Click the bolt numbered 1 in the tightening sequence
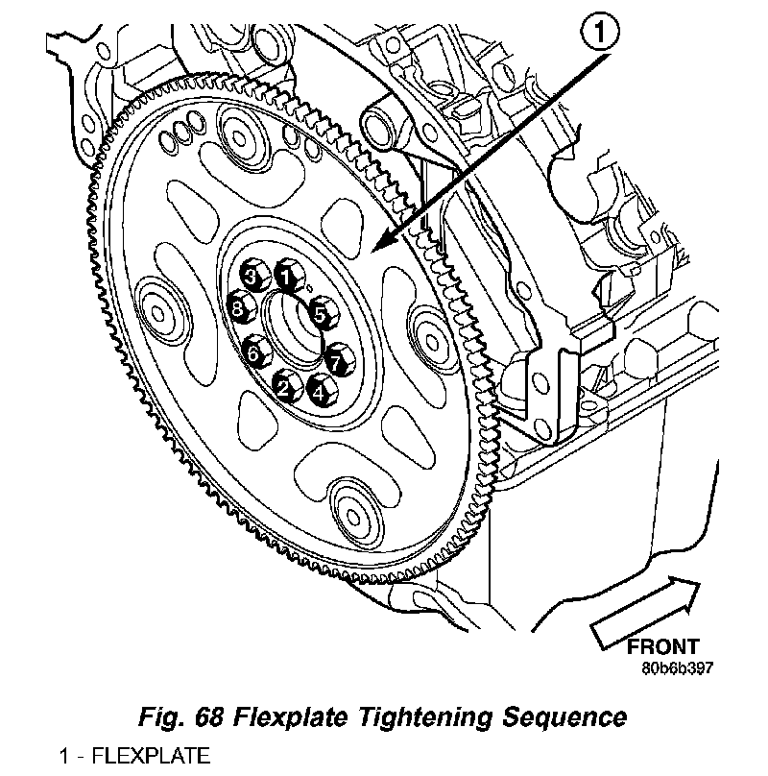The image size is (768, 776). pos(285,276)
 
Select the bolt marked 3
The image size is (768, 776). pos(252,278)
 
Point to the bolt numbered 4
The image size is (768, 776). pos(319,389)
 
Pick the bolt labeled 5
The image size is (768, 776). pos(321,312)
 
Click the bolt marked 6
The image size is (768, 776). pos(253,352)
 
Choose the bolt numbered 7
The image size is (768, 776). pos(337,362)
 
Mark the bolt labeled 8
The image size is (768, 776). pos(238,310)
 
